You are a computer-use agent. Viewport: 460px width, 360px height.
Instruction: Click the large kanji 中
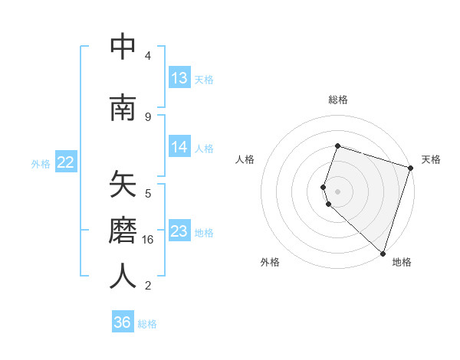point(123,47)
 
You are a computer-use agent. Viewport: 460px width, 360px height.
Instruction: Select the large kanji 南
point(123,108)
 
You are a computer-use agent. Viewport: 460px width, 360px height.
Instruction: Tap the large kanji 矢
point(123,186)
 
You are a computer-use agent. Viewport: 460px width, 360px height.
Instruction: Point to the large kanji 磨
point(123,231)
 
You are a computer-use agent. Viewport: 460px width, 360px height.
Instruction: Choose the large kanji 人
point(123,277)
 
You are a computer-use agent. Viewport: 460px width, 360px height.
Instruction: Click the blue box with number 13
point(179,78)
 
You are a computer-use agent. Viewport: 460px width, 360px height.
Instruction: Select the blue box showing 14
point(179,147)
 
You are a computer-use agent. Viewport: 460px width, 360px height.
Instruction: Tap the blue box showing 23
point(179,231)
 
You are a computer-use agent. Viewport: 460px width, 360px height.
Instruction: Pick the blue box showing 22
point(66,162)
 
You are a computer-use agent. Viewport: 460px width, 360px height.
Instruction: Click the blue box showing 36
point(123,322)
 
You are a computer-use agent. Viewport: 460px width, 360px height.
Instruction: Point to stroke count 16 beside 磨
point(148,240)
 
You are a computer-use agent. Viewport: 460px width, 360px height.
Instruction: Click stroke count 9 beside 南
point(148,116)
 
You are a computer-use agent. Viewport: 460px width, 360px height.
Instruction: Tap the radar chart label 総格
point(338,100)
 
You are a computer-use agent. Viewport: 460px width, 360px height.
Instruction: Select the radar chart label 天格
point(431,159)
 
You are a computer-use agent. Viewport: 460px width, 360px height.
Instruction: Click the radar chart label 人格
point(245,159)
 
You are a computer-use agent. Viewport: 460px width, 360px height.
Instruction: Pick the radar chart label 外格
point(270,262)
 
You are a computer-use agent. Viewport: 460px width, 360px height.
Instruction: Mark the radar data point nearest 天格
point(410,169)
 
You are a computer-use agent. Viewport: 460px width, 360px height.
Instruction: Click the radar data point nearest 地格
point(383,253)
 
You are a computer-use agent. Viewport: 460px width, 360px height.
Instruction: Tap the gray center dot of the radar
point(338,191)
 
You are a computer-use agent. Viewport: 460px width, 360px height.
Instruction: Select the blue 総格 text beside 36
point(147,323)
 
